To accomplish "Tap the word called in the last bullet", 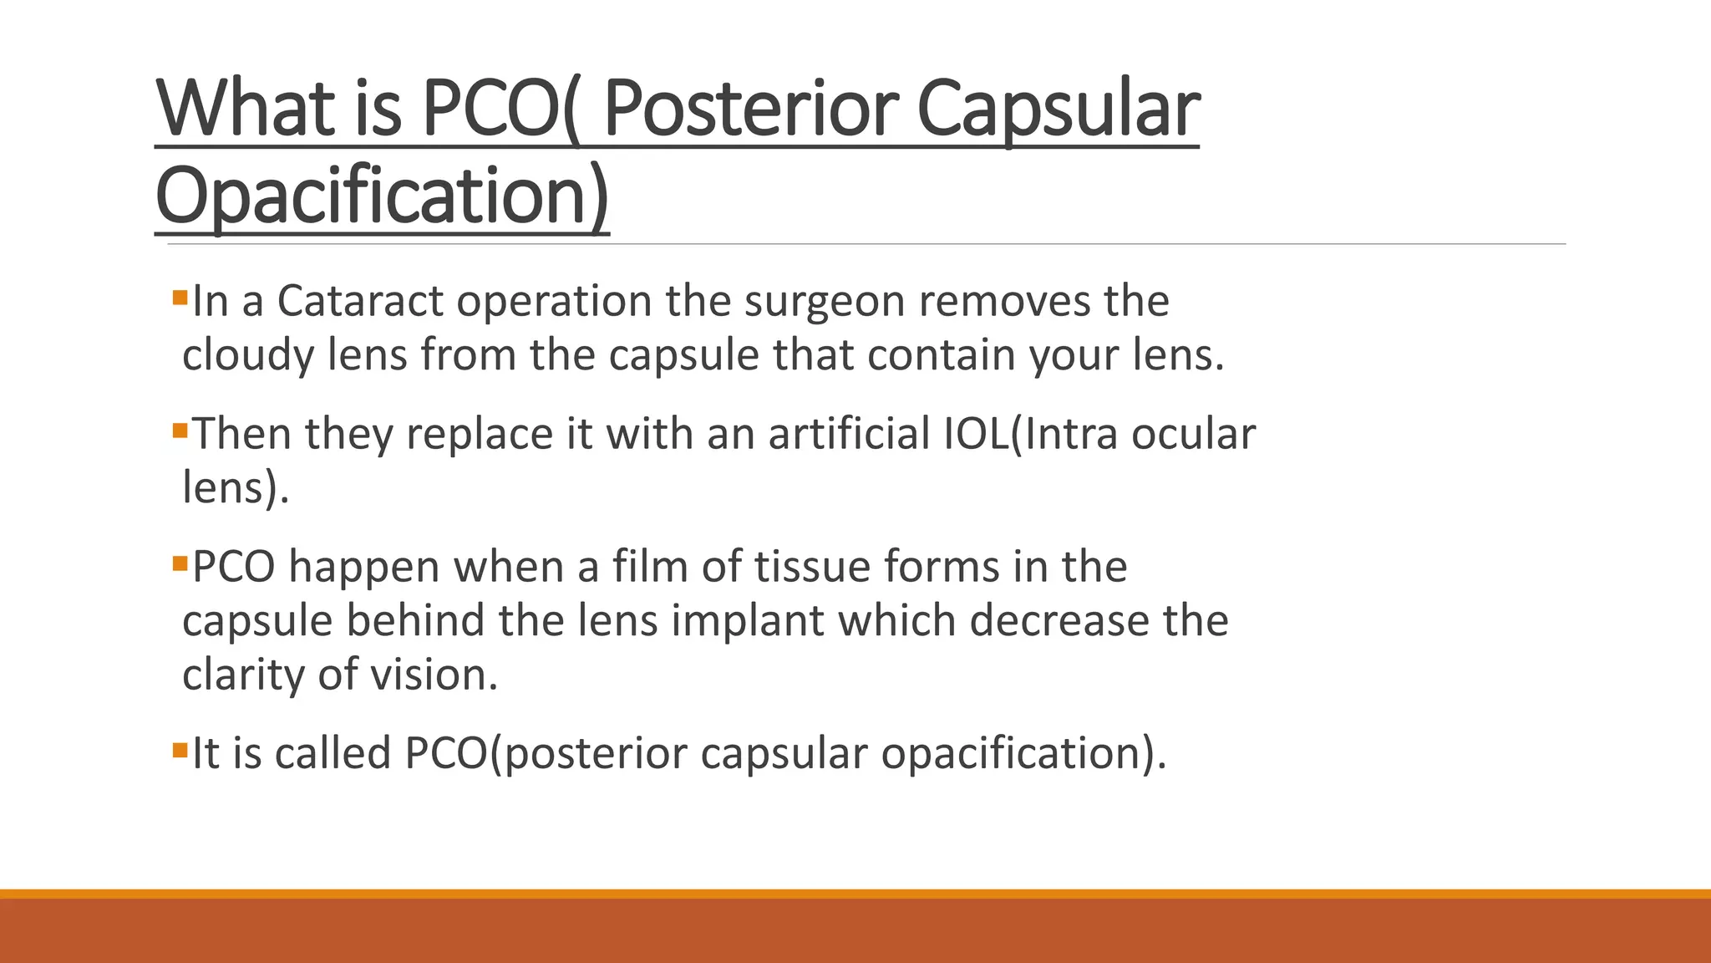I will (x=333, y=753).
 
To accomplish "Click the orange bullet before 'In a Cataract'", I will (x=180, y=297).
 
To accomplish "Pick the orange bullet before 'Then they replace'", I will (x=180, y=431).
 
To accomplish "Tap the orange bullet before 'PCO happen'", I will (x=180, y=563).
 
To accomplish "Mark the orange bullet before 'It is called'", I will (x=180, y=750).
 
